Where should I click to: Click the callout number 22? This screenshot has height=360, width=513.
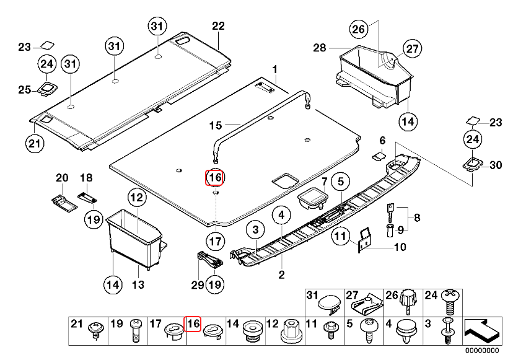pyautogui.click(x=218, y=26)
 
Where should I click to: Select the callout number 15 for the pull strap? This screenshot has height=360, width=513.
pyautogui.click(x=215, y=125)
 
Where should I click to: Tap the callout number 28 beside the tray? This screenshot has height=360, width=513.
pyautogui.click(x=319, y=48)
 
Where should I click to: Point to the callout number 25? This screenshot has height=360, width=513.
pyautogui.click(x=24, y=90)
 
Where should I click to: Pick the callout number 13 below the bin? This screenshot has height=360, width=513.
pyautogui.click(x=138, y=284)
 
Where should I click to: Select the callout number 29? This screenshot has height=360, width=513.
pyautogui.click(x=197, y=284)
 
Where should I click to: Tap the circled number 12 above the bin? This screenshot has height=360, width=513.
pyautogui.click(x=136, y=198)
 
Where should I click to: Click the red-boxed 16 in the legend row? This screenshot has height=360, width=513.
pyautogui.click(x=193, y=323)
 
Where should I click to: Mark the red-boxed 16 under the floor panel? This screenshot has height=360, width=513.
pyautogui.click(x=214, y=177)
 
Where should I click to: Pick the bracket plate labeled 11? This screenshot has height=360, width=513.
pyautogui.click(x=365, y=240)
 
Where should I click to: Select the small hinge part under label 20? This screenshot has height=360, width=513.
pyautogui.click(x=61, y=200)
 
